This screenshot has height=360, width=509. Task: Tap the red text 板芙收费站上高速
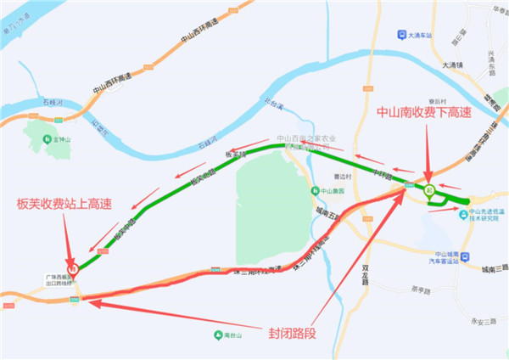(64, 203)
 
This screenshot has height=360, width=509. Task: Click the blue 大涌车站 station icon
(401, 35)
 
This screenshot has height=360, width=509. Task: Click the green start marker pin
(430, 189)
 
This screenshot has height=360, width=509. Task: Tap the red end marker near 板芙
(73, 266)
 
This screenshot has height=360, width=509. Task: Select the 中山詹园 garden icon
(314, 191)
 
